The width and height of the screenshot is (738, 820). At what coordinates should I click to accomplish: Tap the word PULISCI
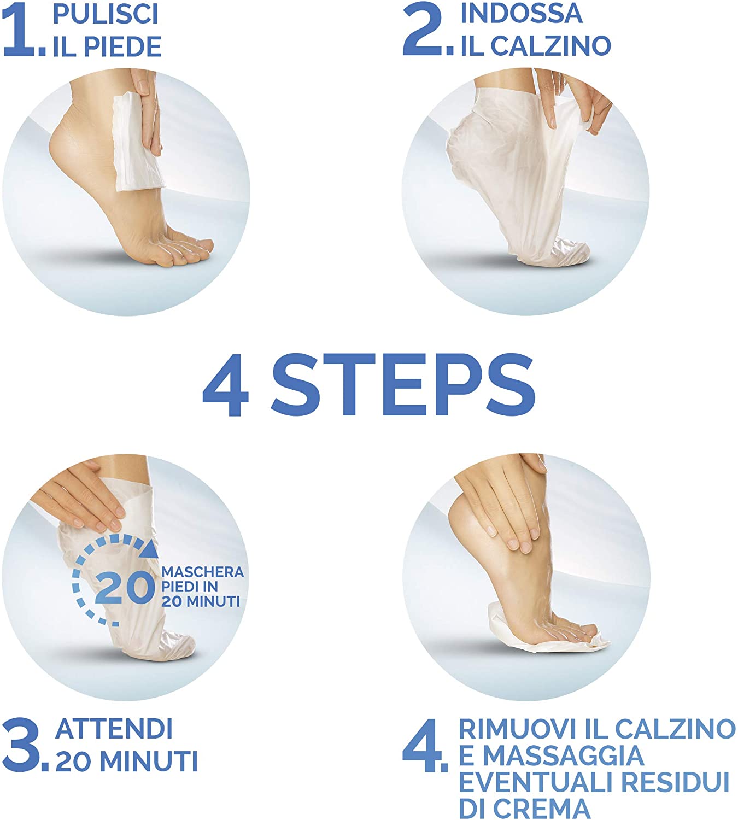[106, 15]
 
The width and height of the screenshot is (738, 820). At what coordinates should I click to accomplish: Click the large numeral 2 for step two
[423, 30]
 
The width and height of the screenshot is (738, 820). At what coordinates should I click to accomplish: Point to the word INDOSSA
[522, 14]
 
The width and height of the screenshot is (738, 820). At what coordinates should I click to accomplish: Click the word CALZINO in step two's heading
[550, 46]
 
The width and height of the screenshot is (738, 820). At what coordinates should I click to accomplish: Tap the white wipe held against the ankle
[138, 141]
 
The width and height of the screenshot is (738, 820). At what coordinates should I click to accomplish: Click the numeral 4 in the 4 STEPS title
[226, 385]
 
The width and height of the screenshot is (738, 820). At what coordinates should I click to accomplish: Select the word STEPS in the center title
[403, 385]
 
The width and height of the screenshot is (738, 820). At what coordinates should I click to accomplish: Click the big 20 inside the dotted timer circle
[125, 588]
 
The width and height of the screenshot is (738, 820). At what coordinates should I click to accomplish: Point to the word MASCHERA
[202, 572]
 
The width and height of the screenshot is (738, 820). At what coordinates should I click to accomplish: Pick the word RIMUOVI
[518, 729]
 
